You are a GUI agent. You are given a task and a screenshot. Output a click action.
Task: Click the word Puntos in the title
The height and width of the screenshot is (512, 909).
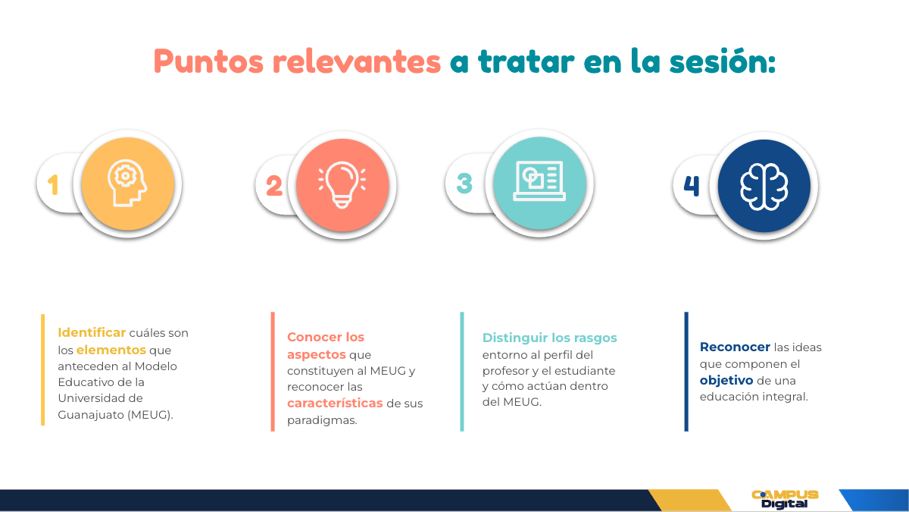pyautogui.click(x=208, y=61)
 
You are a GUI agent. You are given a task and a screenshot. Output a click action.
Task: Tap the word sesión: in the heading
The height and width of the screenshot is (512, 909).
pyautogui.click(x=723, y=61)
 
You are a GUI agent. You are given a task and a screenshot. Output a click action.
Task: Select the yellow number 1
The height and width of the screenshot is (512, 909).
pyautogui.click(x=53, y=185)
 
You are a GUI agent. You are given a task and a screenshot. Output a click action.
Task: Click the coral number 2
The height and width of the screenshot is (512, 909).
pyautogui.click(x=274, y=186)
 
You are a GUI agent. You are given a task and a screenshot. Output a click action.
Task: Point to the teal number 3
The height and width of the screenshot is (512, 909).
pyautogui.click(x=464, y=184)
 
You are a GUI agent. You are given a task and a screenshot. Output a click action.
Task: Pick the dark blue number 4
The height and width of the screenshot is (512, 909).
pyautogui.click(x=692, y=186)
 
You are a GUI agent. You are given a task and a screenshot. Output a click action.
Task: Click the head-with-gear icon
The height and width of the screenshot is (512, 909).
pyautogui.click(x=127, y=183)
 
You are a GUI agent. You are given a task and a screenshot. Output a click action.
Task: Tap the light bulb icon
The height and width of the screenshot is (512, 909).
pyautogui.click(x=342, y=185)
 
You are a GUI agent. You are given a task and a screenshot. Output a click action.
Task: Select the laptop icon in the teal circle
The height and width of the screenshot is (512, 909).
pyautogui.click(x=539, y=181)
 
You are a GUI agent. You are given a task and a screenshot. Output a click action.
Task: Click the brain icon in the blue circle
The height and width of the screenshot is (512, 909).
pyautogui.click(x=764, y=187)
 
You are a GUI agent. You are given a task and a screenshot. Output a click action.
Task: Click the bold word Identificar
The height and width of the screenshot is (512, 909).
pyautogui.click(x=92, y=332)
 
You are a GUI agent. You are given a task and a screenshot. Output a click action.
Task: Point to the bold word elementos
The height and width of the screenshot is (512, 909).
pyautogui.click(x=111, y=350)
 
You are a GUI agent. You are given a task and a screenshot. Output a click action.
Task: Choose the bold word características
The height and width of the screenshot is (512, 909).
pyautogui.click(x=335, y=403)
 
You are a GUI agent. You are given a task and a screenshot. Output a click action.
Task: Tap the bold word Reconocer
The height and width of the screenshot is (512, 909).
pyautogui.click(x=735, y=347)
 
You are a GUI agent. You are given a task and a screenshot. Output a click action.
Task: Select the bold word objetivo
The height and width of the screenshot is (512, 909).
pyautogui.click(x=726, y=380)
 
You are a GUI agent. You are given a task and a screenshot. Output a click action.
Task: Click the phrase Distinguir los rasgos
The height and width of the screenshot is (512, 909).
pyautogui.click(x=549, y=338)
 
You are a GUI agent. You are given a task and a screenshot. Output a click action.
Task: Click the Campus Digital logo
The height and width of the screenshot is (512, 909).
pyautogui.click(x=785, y=500)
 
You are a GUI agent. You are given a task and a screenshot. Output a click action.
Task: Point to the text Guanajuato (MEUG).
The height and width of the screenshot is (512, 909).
pyautogui.click(x=115, y=415)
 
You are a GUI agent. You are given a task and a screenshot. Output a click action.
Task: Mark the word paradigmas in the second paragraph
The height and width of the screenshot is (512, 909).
pyautogui.click(x=322, y=420)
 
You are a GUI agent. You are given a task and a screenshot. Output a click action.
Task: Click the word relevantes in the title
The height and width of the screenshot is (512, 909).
pyautogui.click(x=357, y=61)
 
